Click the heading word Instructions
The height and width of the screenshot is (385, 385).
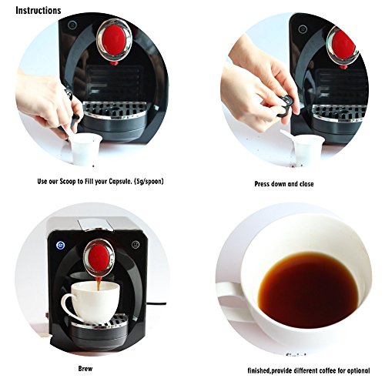(x=38, y=11)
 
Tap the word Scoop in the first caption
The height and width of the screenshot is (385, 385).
(x=68, y=182)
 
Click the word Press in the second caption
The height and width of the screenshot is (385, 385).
(x=262, y=184)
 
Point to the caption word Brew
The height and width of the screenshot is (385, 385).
(x=85, y=369)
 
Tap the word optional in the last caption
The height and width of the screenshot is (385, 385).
(x=358, y=370)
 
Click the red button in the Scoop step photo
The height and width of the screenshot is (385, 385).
(x=115, y=40)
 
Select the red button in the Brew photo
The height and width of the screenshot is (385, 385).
(x=99, y=258)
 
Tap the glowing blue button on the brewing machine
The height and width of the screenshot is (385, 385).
(x=60, y=246)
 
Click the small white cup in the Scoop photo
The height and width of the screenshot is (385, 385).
(x=85, y=149)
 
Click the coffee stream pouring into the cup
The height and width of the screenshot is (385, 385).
(x=99, y=285)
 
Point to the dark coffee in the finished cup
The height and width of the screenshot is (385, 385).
(x=308, y=290)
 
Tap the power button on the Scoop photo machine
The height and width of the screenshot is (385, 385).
(x=72, y=25)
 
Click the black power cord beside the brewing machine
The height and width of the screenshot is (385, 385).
(x=156, y=303)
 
